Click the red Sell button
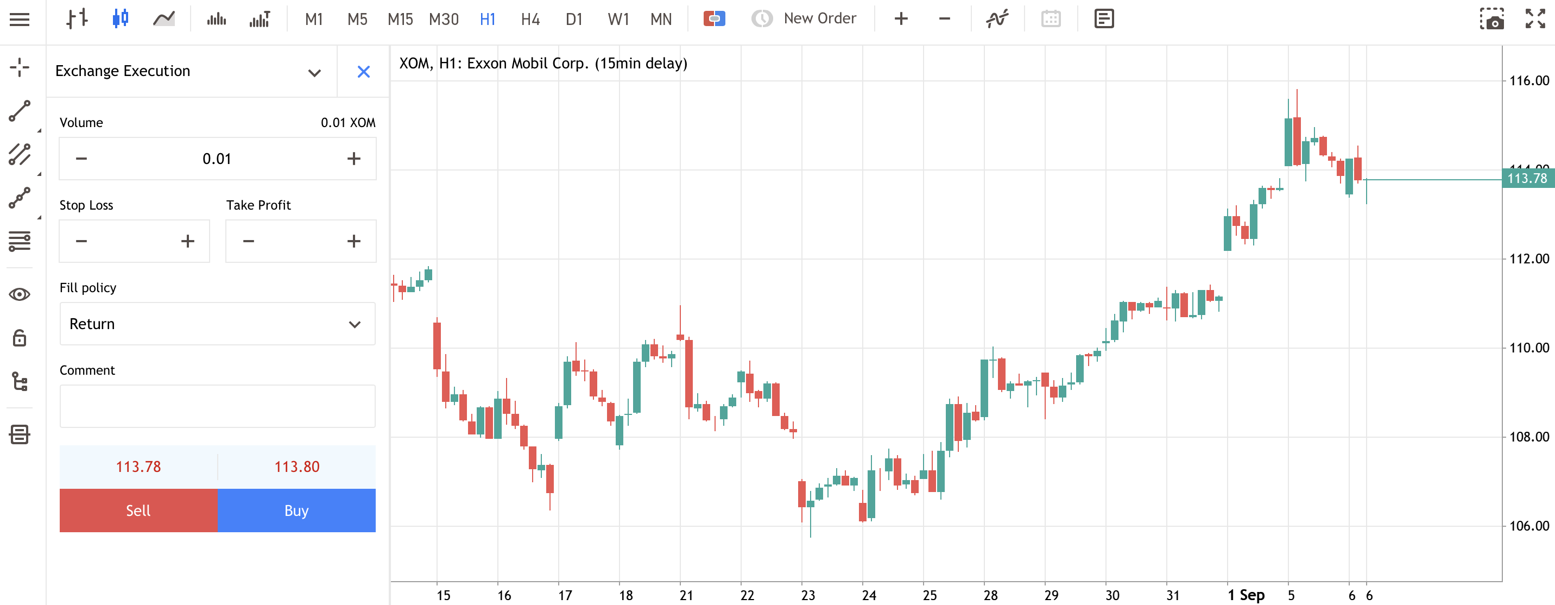pyautogui.click(x=138, y=510)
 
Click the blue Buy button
pyautogui.click(x=296, y=510)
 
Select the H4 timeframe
pyautogui.click(x=530, y=20)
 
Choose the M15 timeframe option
pyautogui.click(x=400, y=20)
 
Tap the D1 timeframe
pyautogui.click(x=573, y=20)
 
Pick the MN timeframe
pyautogui.click(x=661, y=20)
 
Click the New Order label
pyautogui.click(x=820, y=18)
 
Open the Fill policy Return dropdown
pyautogui.click(x=217, y=324)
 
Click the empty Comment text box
pyautogui.click(x=217, y=406)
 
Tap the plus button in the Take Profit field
pyautogui.click(x=354, y=242)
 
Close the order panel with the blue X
pyautogui.click(x=363, y=72)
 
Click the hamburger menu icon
pyautogui.click(x=20, y=20)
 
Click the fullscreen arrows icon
pyautogui.click(x=1535, y=18)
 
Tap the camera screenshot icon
pyautogui.click(x=1491, y=18)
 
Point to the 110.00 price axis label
pyautogui.click(x=1529, y=348)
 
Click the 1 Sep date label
pyautogui.click(x=1246, y=595)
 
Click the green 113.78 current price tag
pyautogui.click(x=1528, y=179)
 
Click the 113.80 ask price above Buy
pyautogui.click(x=296, y=467)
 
